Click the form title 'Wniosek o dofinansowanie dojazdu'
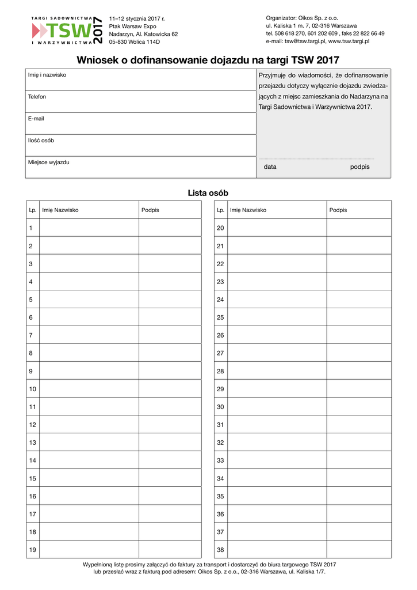pyautogui.click(x=208, y=60)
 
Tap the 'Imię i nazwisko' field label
pyautogui.click(x=47, y=75)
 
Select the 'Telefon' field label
pyautogui.click(x=37, y=97)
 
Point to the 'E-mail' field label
pyautogui.click(x=36, y=119)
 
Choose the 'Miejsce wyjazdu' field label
pyautogui.click(x=48, y=162)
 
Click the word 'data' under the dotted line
pyautogui.click(x=270, y=167)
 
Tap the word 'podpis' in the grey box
pyautogui.click(x=359, y=167)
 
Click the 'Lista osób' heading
pyautogui.click(x=208, y=193)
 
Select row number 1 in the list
pyautogui.click(x=30, y=228)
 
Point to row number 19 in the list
pyautogui.click(x=32, y=550)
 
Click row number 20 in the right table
pyautogui.click(x=220, y=228)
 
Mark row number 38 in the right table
pyautogui.click(x=220, y=550)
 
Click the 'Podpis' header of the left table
pyautogui.click(x=150, y=210)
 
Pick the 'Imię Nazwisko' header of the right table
pyautogui.click(x=248, y=210)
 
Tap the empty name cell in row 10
pyautogui.click(x=89, y=389)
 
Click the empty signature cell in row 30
pyautogui.click(x=359, y=407)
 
